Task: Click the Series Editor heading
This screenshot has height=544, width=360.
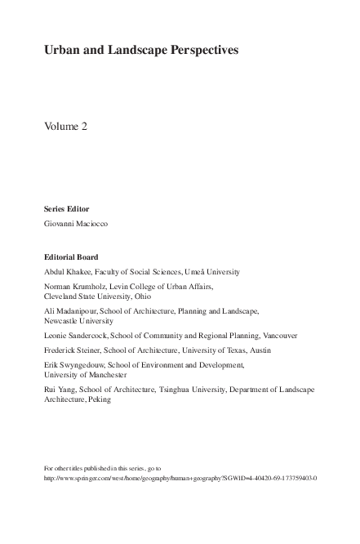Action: pos(65,208)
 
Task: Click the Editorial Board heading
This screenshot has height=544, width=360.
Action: pos(70,256)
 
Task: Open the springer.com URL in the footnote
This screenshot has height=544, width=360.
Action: pos(180,478)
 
